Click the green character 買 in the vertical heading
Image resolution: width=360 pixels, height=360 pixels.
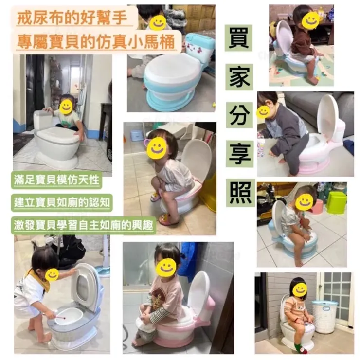[x=238, y=38]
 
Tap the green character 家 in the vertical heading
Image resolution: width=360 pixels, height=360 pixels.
[x=239, y=77]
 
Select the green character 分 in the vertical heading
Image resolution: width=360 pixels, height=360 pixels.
[x=239, y=115]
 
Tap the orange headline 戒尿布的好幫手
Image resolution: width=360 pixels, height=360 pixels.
[x=72, y=18]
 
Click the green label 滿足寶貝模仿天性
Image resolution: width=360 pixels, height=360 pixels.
[x=56, y=180]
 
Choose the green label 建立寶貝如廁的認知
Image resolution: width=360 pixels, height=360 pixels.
[x=62, y=203]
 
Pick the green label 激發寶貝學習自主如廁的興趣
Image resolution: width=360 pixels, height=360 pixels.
[x=83, y=225]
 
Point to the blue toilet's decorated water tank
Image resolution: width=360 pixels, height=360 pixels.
[x=199, y=48]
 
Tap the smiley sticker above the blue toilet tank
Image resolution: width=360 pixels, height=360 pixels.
[x=158, y=22]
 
